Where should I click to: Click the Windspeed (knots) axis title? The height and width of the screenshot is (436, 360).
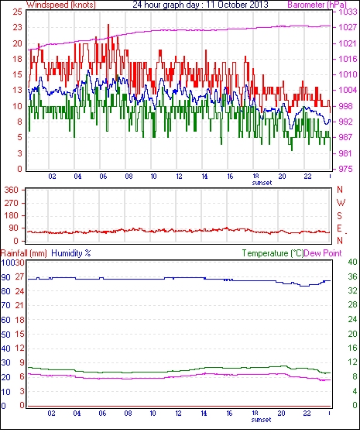[x=61, y=5]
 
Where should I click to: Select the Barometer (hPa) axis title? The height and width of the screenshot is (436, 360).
[x=317, y=5]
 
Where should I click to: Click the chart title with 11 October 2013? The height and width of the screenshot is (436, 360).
[x=201, y=5]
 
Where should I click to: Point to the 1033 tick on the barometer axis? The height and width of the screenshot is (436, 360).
[x=348, y=12]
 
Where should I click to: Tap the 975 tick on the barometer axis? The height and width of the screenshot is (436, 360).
[x=345, y=169]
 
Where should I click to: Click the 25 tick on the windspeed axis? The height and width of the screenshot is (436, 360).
[x=17, y=12]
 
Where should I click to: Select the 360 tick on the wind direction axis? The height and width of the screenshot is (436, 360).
[x=12, y=191]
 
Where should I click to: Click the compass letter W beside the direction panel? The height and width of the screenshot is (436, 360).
[x=341, y=202]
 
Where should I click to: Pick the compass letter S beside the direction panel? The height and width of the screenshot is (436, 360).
[x=339, y=215]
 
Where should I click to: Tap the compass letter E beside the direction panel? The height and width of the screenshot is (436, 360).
[x=339, y=228]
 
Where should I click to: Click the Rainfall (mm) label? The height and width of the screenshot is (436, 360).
[x=24, y=253]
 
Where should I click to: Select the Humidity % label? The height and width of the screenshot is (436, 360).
[x=71, y=253]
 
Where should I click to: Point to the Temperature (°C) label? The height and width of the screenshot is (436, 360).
[x=273, y=253]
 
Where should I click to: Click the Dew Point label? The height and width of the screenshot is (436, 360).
[x=323, y=253]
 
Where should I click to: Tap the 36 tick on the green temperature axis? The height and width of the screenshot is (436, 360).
[x=352, y=276]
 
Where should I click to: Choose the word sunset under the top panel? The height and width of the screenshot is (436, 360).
[x=262, y=183]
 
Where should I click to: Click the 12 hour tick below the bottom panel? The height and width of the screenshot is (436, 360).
[x=178, y=414]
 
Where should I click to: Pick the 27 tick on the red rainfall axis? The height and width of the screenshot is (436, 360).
[x=19, y=276]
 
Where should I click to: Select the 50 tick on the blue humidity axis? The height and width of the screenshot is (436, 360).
[x=5, y=335]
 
